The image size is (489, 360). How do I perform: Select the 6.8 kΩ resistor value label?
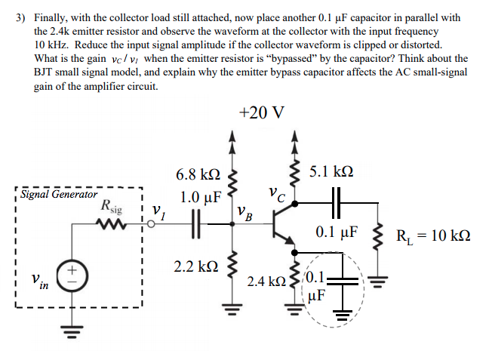tap(198, 174)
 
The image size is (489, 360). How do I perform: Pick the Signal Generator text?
tap(58, 194)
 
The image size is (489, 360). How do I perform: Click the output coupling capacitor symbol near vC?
tap(336, 202)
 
